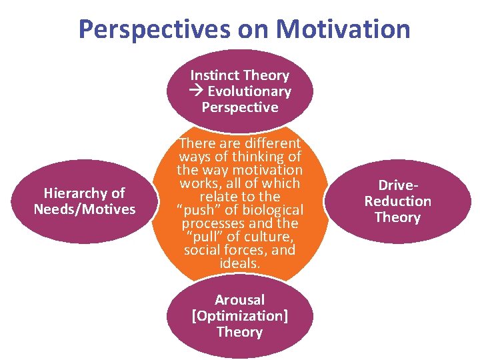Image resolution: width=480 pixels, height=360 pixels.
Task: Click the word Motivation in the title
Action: (343, 29)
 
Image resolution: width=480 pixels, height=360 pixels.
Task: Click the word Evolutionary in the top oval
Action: (249, 91)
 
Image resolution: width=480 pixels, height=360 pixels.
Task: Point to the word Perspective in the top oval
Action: (240, 107)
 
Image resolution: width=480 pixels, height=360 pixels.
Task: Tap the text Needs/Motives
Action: (85, 209)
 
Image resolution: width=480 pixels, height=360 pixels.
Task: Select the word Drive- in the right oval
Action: (398, 185)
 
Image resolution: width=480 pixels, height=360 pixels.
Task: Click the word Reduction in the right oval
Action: (398, 201)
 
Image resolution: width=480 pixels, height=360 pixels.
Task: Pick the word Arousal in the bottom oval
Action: (240, 300)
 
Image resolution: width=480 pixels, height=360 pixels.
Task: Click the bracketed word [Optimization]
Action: (240, 316)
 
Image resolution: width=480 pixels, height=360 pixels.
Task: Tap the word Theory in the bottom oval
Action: (240, 332)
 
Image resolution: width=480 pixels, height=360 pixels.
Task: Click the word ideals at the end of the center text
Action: (239, 263)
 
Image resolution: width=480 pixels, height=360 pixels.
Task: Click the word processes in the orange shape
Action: (208, 223)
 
